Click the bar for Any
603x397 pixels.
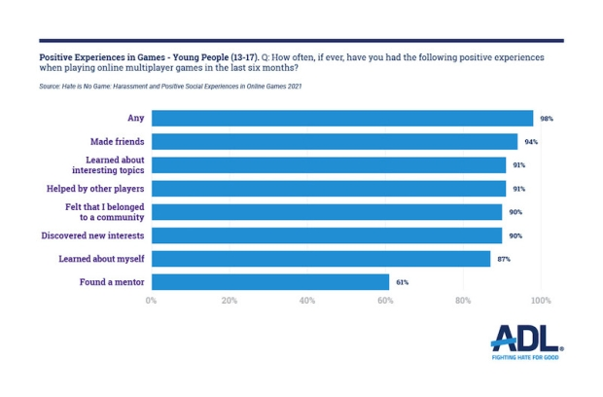tap(341, 119)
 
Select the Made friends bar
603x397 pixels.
tap(334, 142)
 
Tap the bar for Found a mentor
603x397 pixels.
tap(269, 282)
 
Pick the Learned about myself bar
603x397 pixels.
tap(320, 259)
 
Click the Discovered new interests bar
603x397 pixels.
tap(326, 235)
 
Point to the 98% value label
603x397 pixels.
tap(547, 119)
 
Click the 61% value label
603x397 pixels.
tap(402, 282)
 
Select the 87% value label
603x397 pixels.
tap(504, 259)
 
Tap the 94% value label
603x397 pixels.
tap(531, 142)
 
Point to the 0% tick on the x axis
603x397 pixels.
tap(151, 301)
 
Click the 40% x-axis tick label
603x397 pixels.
tap(307, 301)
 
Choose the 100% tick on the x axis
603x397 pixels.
tap(540, 301)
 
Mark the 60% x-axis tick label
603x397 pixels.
tap(385, 301)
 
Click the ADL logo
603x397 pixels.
tap(526, 338)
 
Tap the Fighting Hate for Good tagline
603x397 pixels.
tap(526, 357)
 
